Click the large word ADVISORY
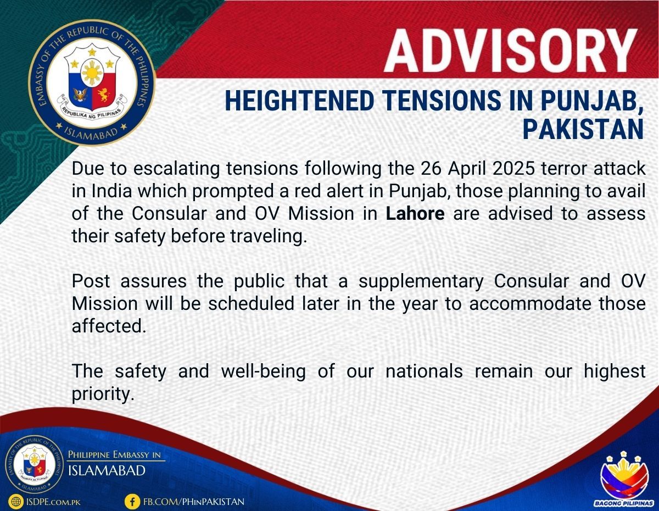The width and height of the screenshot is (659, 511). (x=510, y=51)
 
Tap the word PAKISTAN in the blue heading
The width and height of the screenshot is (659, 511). (x=583, y=129)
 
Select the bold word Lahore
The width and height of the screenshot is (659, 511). (x=415, y=213)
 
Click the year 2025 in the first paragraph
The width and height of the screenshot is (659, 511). (x=513, y=169)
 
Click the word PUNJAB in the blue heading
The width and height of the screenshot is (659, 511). (x=591, y=101)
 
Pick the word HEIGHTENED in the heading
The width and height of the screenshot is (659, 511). (x=299, y=101)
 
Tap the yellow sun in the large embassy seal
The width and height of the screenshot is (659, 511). (x=92, y=73)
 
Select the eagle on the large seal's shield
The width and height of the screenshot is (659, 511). (x=80, y=95)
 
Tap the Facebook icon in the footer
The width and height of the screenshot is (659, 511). (x=132, y=502)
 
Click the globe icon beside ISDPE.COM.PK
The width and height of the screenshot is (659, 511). (x=16, y=502)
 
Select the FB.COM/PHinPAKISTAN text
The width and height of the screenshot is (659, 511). (x=194, y=502)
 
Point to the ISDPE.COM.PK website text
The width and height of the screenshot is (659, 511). (x=53, y=502)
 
